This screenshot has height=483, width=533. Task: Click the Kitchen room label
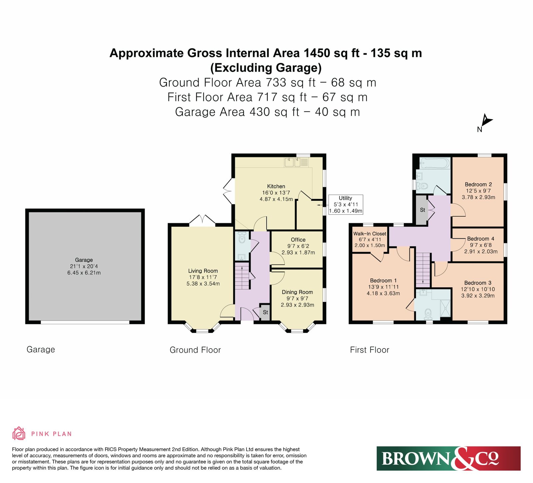(x=276, y=186)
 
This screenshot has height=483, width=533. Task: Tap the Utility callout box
(x=345, y=204)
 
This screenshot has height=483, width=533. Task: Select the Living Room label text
(x=203, y=271)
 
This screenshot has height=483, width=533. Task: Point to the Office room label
(x=298, y=240)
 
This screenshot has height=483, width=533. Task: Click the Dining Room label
(x=297, y=292)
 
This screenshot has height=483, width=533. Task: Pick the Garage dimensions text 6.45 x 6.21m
(x=84, y=273)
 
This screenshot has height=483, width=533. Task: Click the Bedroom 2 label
(x=478, y=184)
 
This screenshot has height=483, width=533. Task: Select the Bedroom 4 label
(x=481, y=239)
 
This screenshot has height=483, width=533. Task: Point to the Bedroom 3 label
(x=478, y=283)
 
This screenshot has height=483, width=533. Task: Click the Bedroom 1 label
(x=383, y=281)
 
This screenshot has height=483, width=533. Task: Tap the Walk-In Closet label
(x=370, y=234)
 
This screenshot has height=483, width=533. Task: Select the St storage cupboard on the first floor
(x=422, y=210)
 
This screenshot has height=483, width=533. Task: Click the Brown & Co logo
(x=448, y=458)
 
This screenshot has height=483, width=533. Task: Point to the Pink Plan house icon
(x=19, y=433)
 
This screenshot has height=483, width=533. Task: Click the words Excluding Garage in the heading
(x=266, y=68)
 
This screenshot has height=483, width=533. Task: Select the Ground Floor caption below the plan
(x=195, y=350)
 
